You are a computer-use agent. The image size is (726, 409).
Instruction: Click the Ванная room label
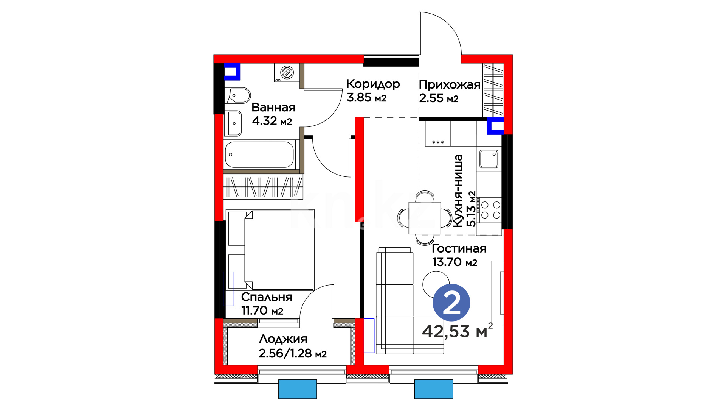(273, 108)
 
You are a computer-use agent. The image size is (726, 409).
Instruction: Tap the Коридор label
(373, 84)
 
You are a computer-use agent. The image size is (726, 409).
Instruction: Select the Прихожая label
(450, 85)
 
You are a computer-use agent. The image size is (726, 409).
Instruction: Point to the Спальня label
(267, 297)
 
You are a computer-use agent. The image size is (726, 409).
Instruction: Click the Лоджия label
(283, 339)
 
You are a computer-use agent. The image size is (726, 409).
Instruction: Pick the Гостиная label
(459, 248)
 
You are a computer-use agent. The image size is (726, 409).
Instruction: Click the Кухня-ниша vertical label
(458, 191)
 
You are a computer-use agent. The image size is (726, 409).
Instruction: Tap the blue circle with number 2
(451, 303)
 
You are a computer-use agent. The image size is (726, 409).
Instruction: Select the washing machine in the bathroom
(287, 72)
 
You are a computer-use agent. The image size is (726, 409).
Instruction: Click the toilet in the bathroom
(238, 96)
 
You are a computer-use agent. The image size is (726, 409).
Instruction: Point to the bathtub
(260, 155)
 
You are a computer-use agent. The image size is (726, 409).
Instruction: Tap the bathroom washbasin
(234, 123)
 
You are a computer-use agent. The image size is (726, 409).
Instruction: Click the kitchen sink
(489, 159)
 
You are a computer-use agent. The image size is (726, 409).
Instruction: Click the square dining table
(425, 218)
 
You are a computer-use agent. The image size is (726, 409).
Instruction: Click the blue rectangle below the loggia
(298, 389)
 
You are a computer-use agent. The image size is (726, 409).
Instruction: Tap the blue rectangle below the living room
(434, 389)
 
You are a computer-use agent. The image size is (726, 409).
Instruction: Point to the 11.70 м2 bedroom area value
(262, 311)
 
